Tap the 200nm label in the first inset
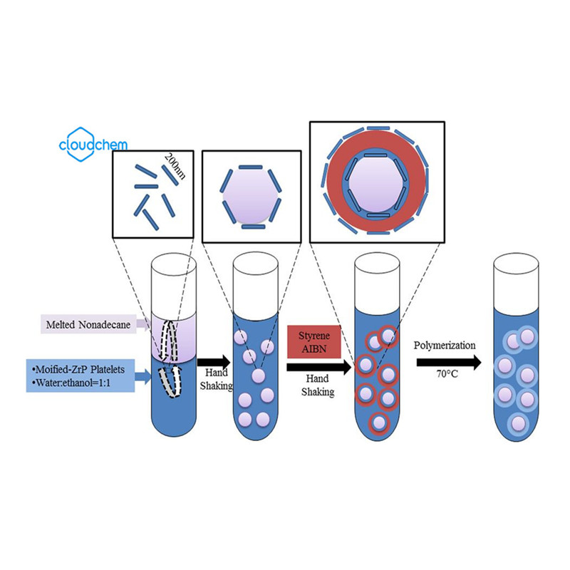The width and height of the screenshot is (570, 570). pyautogui.click(x=174, y=168)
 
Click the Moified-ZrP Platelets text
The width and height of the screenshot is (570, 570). pyautogui.click(x=78, y=368)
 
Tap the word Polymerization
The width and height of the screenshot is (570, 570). pyautogui.click(x=445, y=345)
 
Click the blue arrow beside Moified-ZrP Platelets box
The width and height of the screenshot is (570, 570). pyautogui.click(x=141, y=375)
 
